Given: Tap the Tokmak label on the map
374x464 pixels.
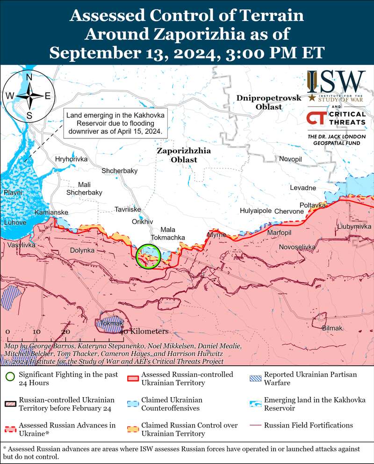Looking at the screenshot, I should [x=109, y=323].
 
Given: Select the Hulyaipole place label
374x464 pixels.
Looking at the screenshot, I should [x=255, y=211].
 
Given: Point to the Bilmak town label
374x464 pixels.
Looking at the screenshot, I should [x=332, y=328].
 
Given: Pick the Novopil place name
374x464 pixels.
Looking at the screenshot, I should [x=290, y=159].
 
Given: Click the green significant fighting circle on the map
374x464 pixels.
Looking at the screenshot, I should [x=148, y=256].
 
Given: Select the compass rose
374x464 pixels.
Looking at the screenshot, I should [x=29, y=96].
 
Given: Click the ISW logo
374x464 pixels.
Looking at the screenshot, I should [x=336, y=85].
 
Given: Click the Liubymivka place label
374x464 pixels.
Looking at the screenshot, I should [x=353, y=227].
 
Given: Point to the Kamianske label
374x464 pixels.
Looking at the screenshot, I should [x=51, y=213].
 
